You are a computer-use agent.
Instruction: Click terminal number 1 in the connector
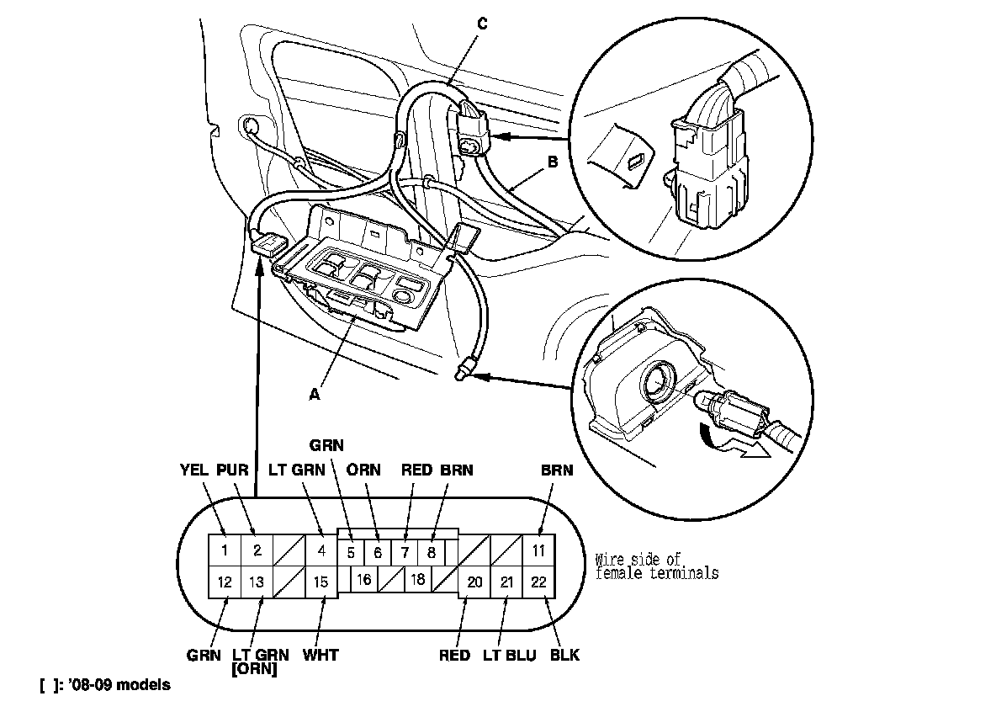click(224, 551)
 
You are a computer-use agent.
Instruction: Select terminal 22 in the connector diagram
click(538, 582)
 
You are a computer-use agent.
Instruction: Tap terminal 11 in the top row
click(538, 551)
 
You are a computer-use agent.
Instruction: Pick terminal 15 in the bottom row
click(321, 582)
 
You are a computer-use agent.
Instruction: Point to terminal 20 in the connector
click(474, 582)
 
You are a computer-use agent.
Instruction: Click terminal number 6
click(378, 553)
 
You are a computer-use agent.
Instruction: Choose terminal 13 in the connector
click(257, 582)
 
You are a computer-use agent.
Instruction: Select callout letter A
click(315, 393)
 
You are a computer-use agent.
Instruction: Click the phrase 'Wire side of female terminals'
click(656, 566)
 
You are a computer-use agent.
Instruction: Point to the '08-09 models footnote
click(104, 685)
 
